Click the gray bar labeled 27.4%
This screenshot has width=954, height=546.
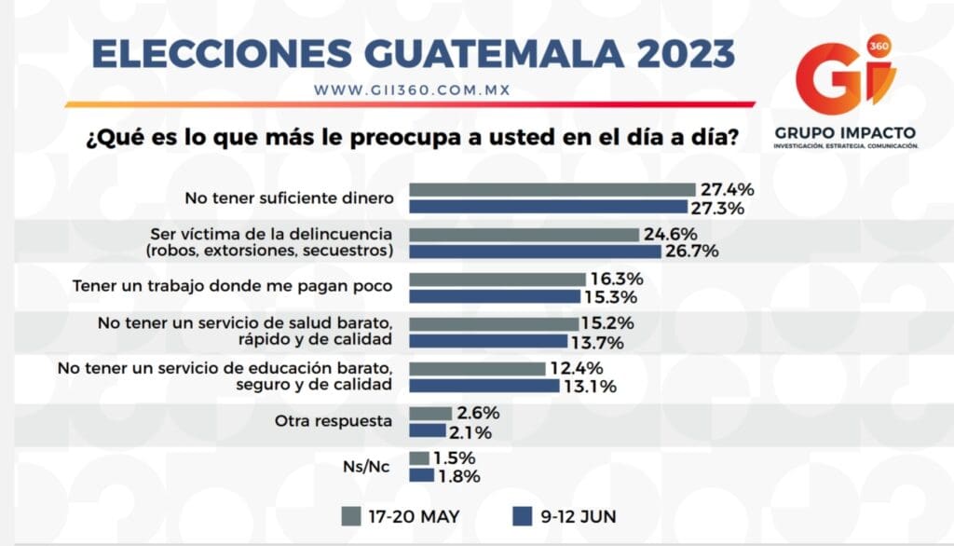(x=552, y=189)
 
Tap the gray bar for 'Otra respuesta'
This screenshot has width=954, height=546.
(x=430, y=413)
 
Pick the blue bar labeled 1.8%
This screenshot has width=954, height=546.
(x=422, y=475)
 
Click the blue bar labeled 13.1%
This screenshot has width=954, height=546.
(x=484, y=386)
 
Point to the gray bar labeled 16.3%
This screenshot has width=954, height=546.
(x=497, y=279)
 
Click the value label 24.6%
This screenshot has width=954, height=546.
(x=670, y=234)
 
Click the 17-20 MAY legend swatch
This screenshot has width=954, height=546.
(x=351, y=515)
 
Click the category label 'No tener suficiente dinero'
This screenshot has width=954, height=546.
(x=289, y=198)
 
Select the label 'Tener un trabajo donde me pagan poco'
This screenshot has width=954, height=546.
(x=233, y=287)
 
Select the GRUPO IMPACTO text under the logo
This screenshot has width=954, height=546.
(x=845, y=132)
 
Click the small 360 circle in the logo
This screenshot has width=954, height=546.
(x=877, y=46)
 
